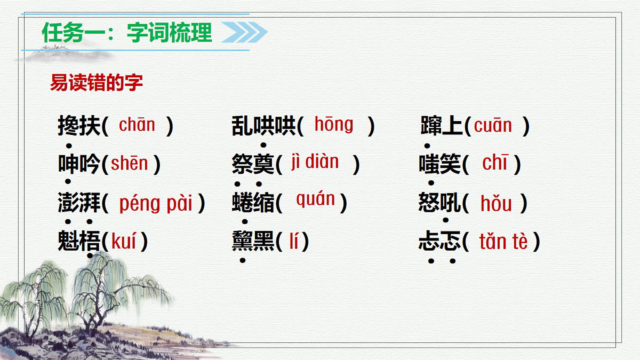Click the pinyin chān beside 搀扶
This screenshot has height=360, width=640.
(x=137, y=125)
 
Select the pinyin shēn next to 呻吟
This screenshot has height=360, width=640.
(x=129, y=164)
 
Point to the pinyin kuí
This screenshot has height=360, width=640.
(x=123, y=242)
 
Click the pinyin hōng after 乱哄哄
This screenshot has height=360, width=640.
(x=334, y=125)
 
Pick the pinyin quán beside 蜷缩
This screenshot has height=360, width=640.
(x=316, y=200)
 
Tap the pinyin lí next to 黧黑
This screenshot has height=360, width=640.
(x=294, y=242)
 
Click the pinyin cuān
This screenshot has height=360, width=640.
(x=493, y=126)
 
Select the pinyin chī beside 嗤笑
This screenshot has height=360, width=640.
(x=495, y=163)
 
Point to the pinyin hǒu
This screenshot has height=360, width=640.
(x=496, y=203)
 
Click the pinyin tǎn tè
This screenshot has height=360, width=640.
(x=503, y=242)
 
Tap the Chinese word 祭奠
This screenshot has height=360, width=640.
(x=253, y=164)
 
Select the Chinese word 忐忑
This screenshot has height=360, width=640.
(x=439, y=242)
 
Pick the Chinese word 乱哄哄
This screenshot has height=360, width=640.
(x=264, y=126)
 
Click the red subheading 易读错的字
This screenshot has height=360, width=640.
(x=97, y=83)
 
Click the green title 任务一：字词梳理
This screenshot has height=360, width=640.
(x=127, y=33)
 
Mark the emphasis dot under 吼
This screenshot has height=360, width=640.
(x=445, y=220)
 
